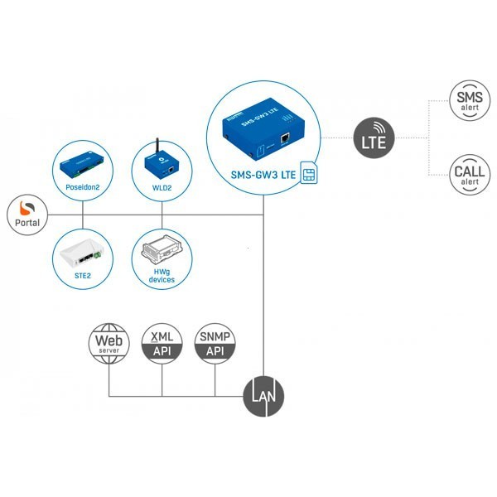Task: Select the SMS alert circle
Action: point(469,100)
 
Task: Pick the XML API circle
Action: point(162,343)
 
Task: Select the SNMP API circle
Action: point(215,343)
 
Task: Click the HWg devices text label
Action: point(162,275)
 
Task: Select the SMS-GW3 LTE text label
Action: point(262,175)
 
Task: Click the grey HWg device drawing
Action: point(162,248)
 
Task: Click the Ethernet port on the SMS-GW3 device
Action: point(284,138)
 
